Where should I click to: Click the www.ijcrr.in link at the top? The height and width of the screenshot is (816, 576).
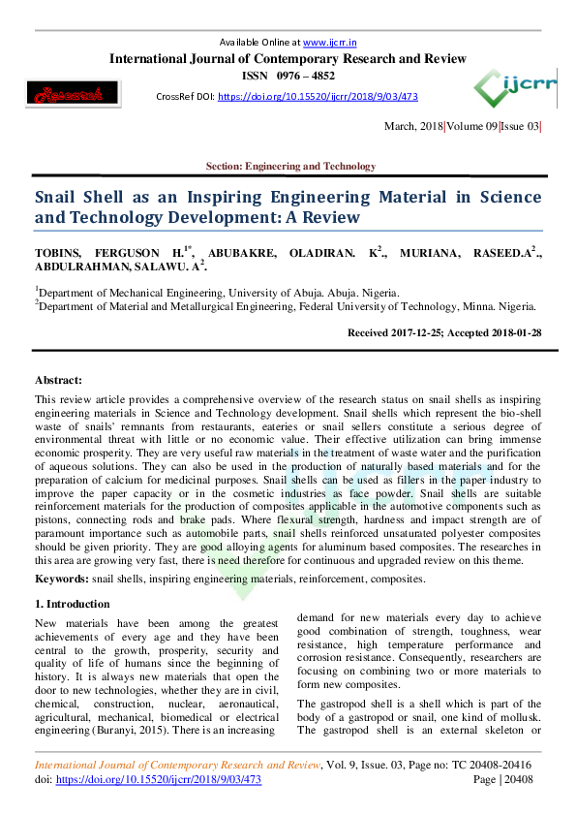tap(326, 43)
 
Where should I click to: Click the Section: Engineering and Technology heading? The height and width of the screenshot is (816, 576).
tap(290, 167)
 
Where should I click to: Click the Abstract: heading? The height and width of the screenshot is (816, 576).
tap(58, 381)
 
